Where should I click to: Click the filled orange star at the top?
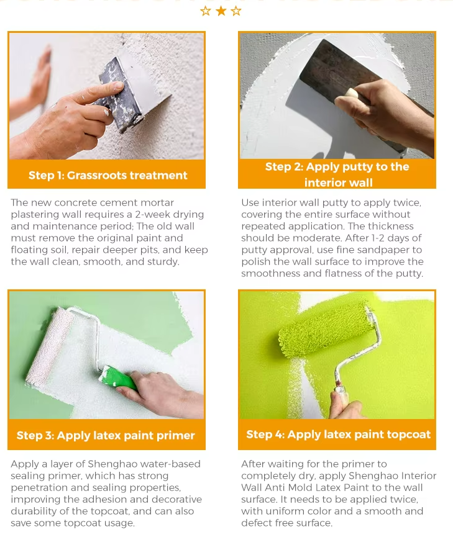pyautogui.click(x=221, y=11)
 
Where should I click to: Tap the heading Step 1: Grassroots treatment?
pyautogui.click(x=108, y=175)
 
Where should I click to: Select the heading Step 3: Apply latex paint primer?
pyautogui.click(x=106, y=435)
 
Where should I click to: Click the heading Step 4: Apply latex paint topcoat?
pyautogui.click(x=338, y=435)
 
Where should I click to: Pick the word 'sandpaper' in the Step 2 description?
pyautogui.click(x=379, y=250)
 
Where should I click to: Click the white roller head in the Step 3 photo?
pyautogui.click(x=49, y=346)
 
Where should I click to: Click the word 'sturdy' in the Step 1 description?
pyautogui.click(x=163, y=262)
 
